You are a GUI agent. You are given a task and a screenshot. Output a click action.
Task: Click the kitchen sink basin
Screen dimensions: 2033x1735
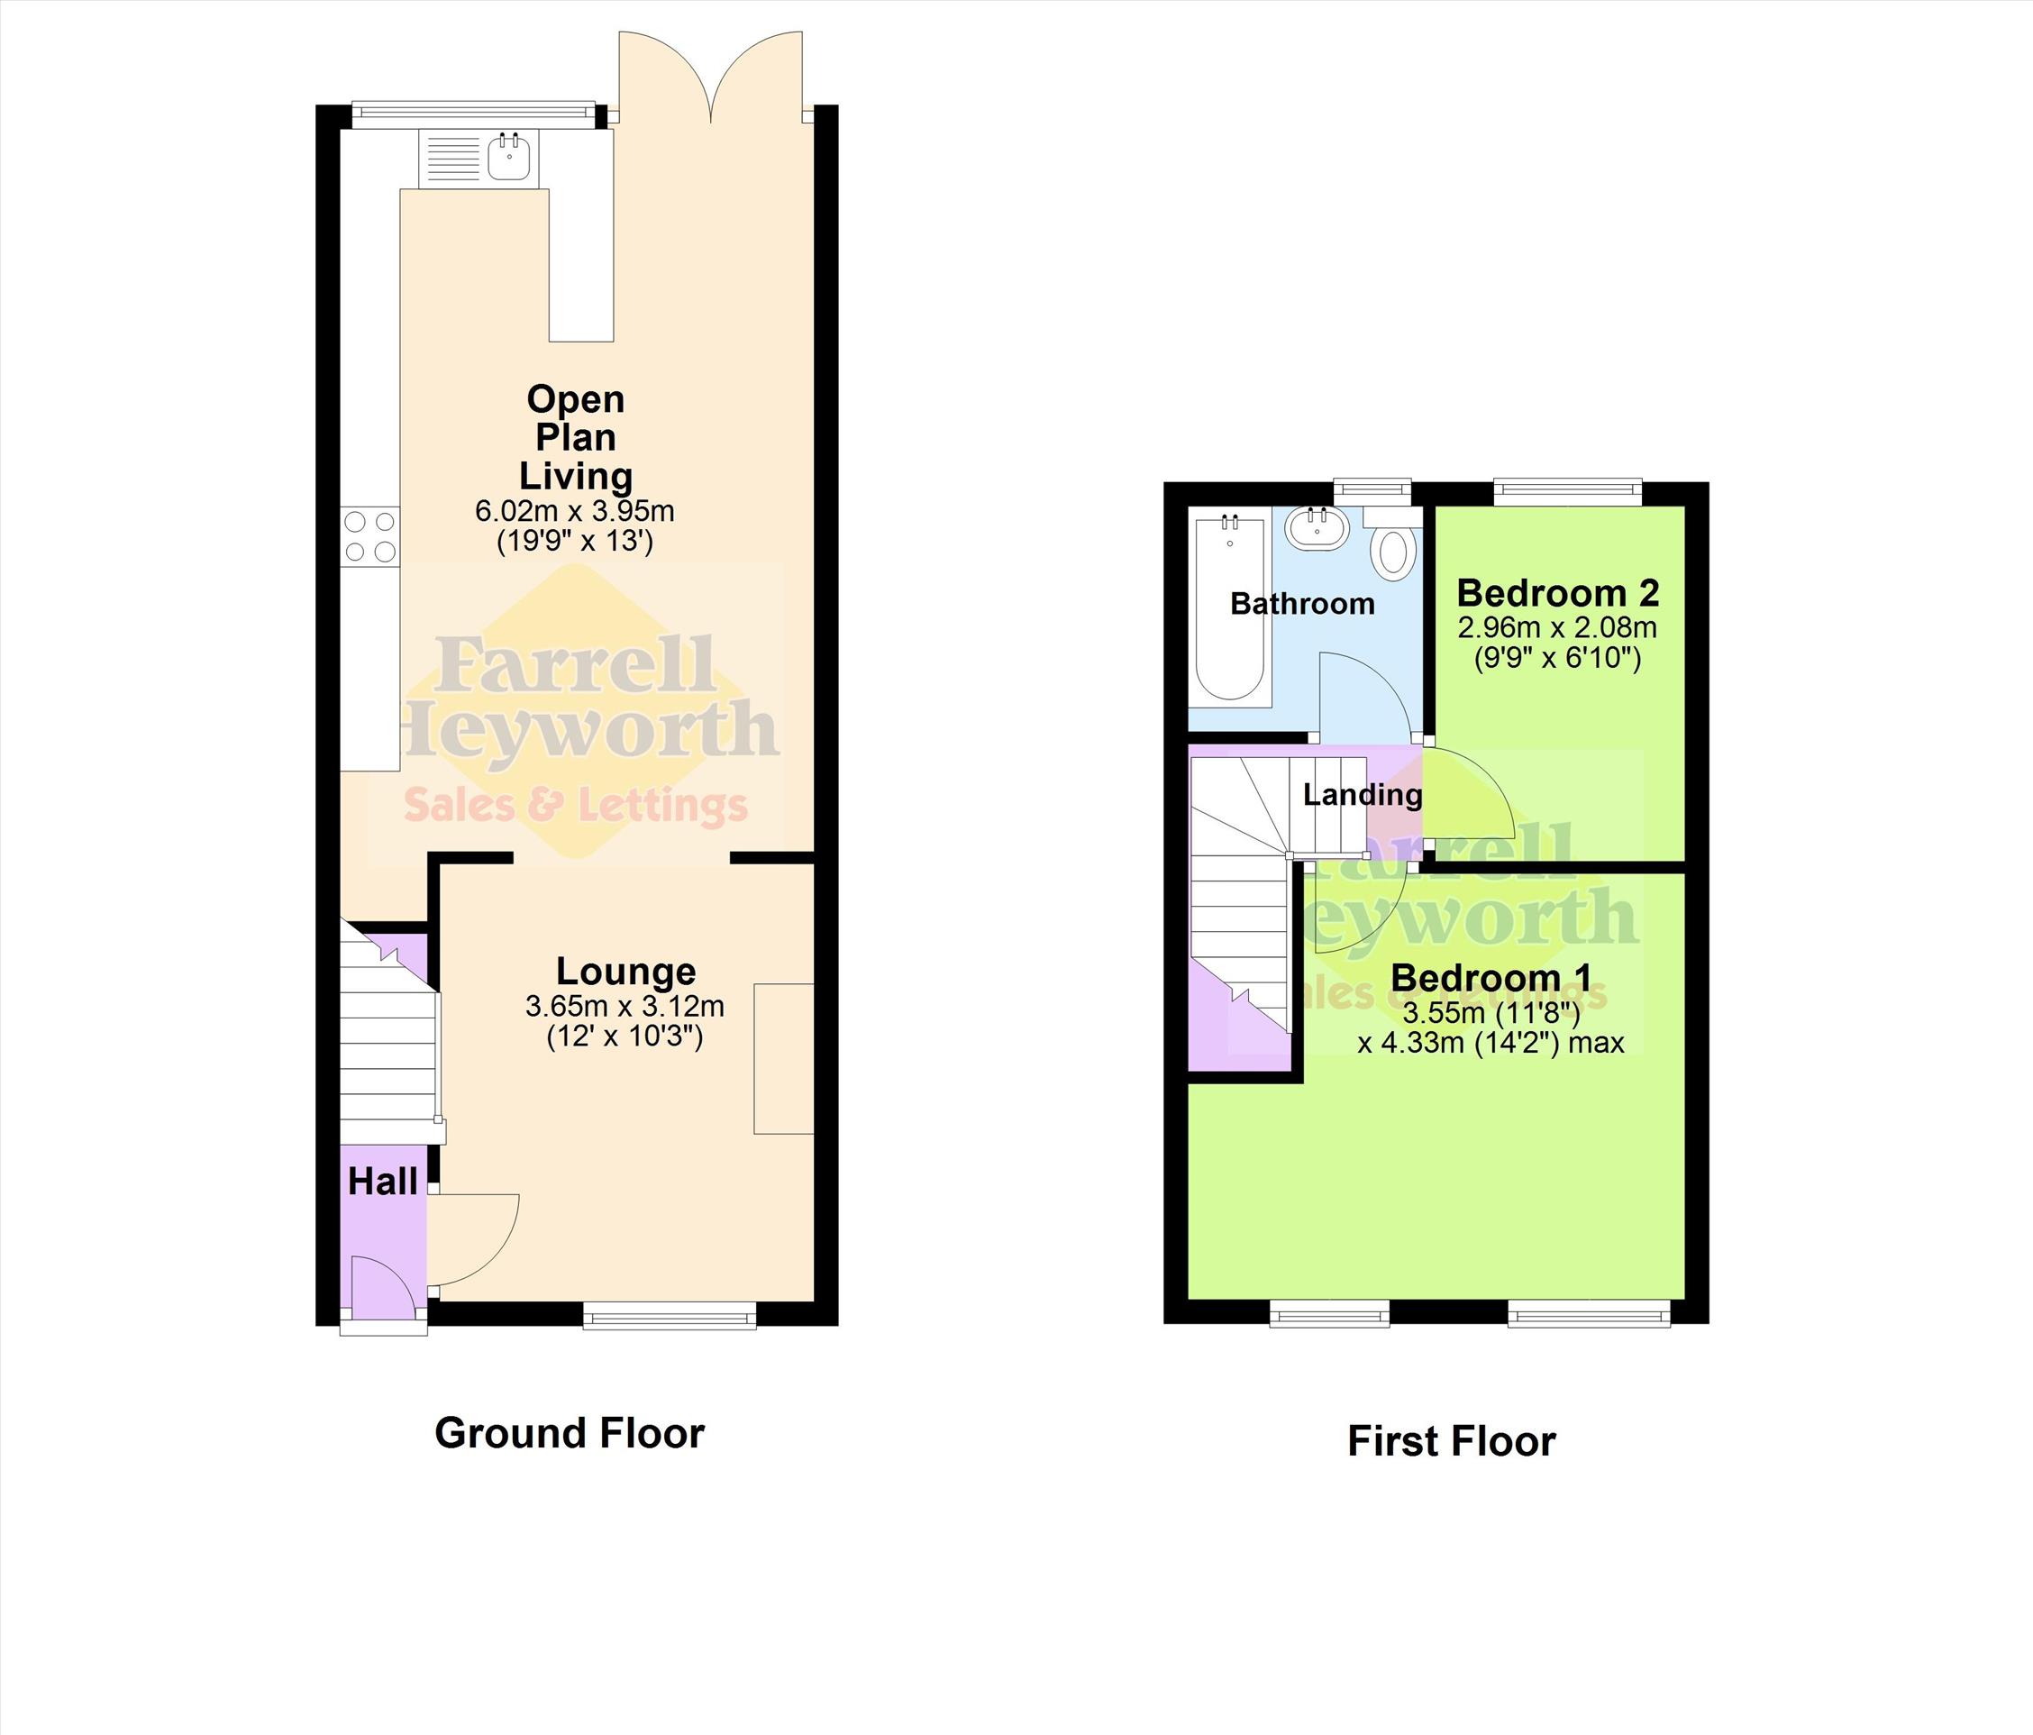click(x=509, y=157)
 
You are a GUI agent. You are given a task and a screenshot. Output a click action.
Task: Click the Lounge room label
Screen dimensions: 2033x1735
click(x=626, y=971)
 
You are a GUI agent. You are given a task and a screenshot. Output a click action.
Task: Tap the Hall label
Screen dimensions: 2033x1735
click(x=383, y=1182)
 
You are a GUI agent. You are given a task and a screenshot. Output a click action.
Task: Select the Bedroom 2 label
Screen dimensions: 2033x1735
click(x=1558, y=593)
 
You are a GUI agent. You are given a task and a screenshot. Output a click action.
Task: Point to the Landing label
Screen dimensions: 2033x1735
click(x=1363, y=794)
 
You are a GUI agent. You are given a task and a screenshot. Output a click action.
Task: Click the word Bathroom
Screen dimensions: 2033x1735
click(x=1302, y=603)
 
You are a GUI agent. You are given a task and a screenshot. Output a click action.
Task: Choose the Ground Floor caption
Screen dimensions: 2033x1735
click(x=570, y=1433)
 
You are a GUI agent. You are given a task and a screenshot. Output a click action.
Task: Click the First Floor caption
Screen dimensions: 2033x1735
click(x=1451, y=1441)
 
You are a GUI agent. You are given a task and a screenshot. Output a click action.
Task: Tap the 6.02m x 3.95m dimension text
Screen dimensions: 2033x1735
click(x=575, y=511)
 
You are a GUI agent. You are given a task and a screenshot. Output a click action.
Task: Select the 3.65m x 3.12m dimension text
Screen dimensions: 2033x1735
click(x=625, y=1006)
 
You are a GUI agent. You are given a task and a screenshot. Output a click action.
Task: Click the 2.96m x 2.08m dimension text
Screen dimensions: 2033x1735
click(x=1557, y=626)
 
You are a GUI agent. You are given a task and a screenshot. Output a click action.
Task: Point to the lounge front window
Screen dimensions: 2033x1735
click(x=670, y=1315)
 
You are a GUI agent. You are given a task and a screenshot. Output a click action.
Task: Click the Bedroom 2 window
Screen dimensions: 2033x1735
click(x=1567, y=491)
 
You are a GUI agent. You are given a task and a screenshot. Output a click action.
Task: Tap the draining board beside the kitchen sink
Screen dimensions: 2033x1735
click(x=453, y=158)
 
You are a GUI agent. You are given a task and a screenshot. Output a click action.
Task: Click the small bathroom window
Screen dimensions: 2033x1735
click(x=1372, y=491)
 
